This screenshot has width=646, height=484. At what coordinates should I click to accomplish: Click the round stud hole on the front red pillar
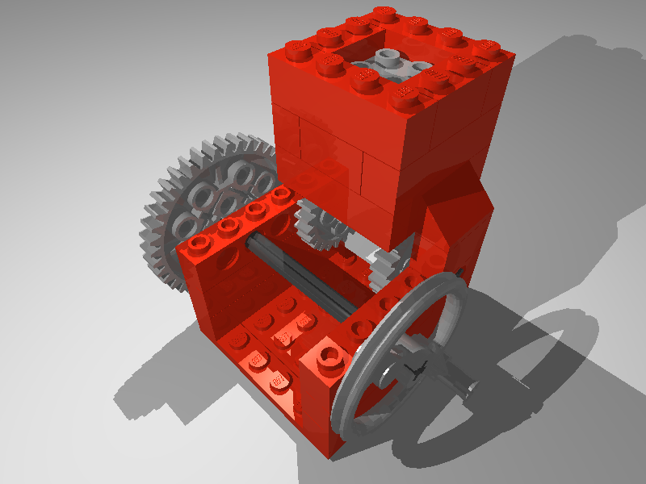point(329,355)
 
